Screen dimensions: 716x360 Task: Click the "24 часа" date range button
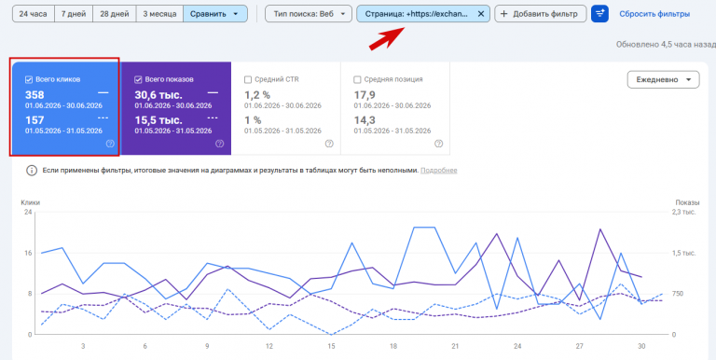(x=33, y=14)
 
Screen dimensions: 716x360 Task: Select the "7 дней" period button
(x=73, y=14)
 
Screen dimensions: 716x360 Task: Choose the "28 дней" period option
(x=114, y=14)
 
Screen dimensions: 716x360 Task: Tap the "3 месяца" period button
(x=159, y=14)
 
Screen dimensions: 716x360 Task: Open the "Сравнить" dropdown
(x=215, y=14)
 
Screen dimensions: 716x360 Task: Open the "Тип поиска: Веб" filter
(x=309, y=14)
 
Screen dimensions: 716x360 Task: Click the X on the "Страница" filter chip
(x=480, y=14)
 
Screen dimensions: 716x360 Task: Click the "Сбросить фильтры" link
(x=654, y=14)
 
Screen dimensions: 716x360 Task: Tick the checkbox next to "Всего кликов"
(x=29, y=79)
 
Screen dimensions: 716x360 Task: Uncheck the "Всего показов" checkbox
(x=138, y=79)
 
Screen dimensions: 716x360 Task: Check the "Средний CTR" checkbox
(x=248, y=79)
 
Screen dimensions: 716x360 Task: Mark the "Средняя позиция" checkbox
(x=358, y=79)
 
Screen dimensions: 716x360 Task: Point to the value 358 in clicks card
(x=34, y=95)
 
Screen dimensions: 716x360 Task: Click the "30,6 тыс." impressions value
(x=158, y=95)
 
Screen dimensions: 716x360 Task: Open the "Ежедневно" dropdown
(x=663, y=79)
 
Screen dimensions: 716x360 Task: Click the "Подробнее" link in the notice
(x=439, y=171)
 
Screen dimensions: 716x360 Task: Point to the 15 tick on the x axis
(x=332, y=346)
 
